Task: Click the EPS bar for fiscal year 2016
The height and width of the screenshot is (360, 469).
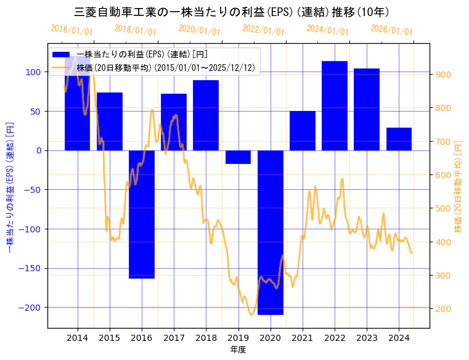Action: point(142,214)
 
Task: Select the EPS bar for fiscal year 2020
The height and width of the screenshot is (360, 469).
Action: point(271,232)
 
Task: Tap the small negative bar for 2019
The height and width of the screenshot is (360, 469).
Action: point(238,157)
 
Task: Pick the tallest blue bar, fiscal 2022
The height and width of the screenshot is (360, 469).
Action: point(335,105)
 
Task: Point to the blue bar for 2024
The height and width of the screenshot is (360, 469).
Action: point(399,139)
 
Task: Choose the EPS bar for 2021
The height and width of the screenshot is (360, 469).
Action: point(303,131)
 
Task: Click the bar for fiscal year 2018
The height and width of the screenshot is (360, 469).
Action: point(206,115)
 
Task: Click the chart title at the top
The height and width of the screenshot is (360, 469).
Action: point(231,12)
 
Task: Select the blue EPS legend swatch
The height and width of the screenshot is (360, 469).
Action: point(62,55)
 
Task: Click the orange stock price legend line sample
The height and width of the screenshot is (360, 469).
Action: point(62,67)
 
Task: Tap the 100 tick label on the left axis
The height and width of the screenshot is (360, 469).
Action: point(33,72)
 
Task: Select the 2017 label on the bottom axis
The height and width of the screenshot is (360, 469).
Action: point(174,338)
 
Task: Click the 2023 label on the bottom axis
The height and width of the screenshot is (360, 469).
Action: point(367,338)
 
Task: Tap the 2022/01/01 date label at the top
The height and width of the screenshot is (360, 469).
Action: point(264,30)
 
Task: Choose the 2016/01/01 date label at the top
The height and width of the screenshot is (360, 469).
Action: point(72,30)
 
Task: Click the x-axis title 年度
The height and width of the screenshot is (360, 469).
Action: point(238,350)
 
